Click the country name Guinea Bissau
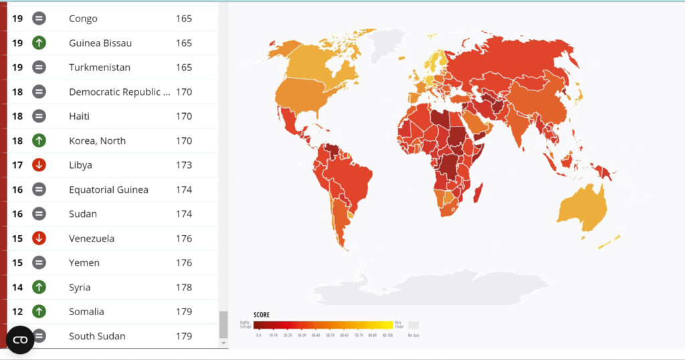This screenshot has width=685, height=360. click(100, 43)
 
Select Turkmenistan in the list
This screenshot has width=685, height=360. click(99, 68)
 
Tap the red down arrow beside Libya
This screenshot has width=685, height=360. click(39, 165)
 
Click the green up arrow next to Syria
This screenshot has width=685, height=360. click(39, 287)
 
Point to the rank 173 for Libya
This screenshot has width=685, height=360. click(184, 165)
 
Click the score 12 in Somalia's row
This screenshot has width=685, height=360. click(17, 312)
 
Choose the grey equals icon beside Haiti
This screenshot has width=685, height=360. click(39, 116)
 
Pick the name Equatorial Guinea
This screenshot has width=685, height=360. click(108, 190)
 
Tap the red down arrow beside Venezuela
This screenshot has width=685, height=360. click(39, 238)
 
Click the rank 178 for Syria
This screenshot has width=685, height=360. click(184, 287)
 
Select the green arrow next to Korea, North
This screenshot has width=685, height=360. click(39, 141)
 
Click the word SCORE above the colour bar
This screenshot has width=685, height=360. click(261, 314)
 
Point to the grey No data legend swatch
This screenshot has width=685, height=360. click(413, 325)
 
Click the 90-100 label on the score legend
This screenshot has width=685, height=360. click(387, 335)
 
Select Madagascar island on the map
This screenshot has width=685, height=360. click(478, 193)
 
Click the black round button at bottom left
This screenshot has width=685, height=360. click(20, 340)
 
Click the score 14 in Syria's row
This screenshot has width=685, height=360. click(17, 287)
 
